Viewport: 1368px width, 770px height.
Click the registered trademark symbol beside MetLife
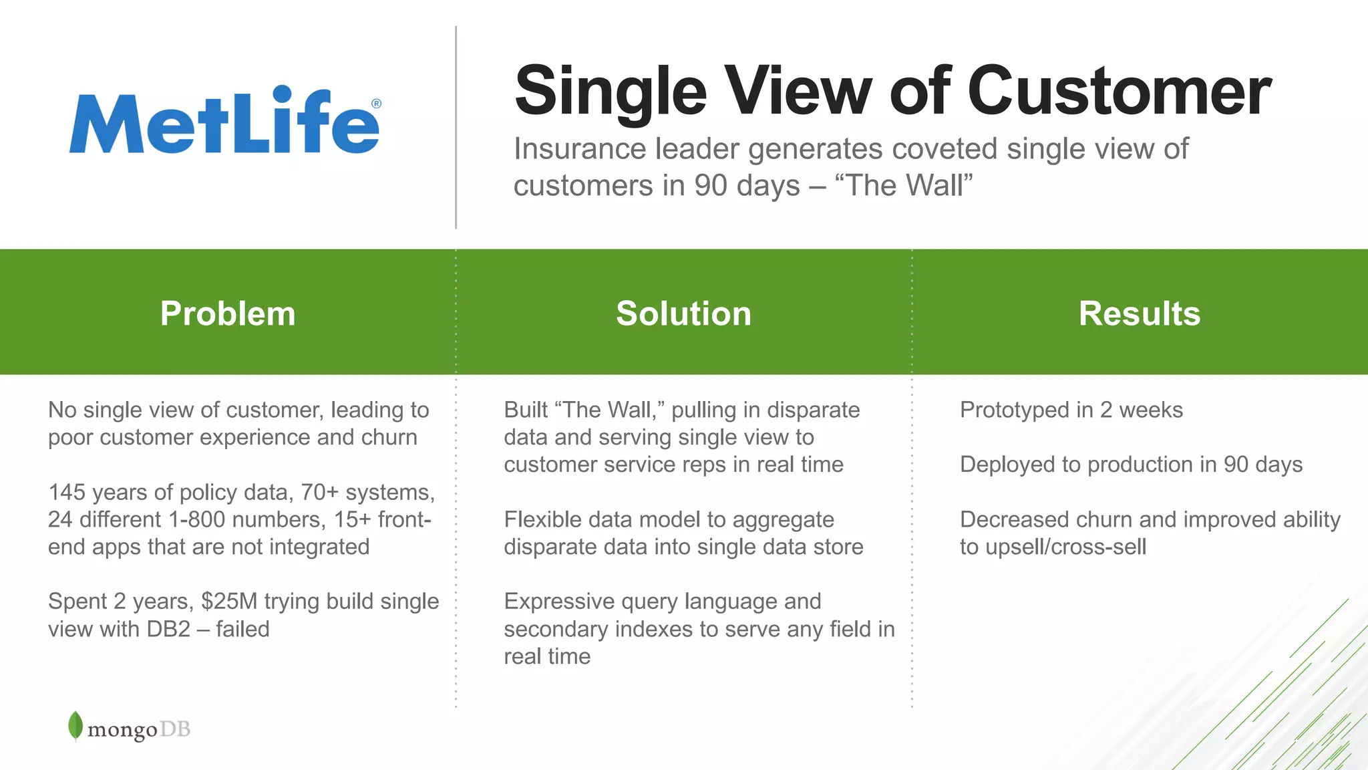pos(376,104)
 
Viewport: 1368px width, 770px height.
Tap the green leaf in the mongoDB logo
pos(75,725)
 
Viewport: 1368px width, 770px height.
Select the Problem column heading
pos(228,313)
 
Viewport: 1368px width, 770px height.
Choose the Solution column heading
pos(683,313)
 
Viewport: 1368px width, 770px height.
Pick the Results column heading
pos(1140,313)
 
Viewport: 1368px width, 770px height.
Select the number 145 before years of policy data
pos(67,493)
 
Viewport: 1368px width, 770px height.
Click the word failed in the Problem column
pos(242,630)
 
